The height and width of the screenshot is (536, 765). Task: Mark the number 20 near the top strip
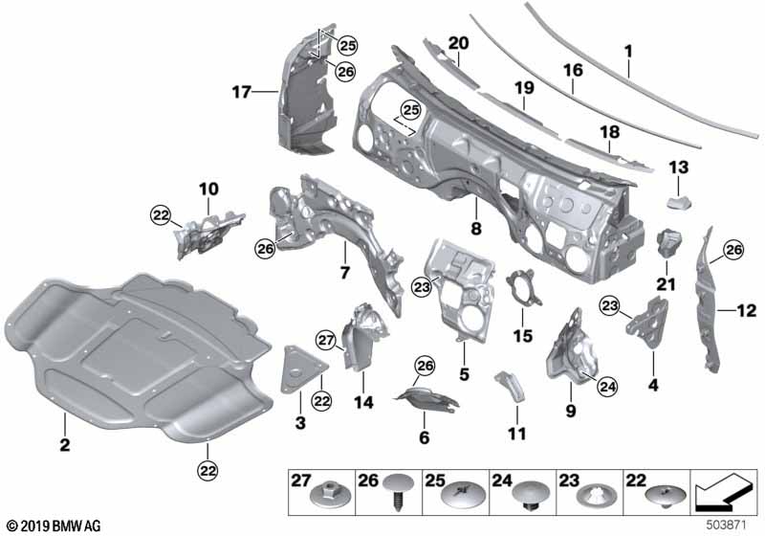458,44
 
